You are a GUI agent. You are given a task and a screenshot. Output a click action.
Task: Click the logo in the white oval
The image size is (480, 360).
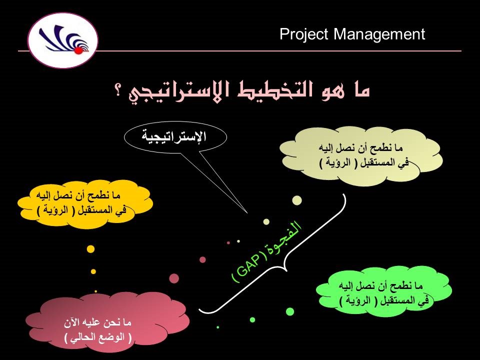pos(63,39)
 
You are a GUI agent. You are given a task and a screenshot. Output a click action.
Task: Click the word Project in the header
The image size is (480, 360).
pos(304,34)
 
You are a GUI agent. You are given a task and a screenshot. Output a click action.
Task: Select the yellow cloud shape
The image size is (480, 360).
pos(85,203)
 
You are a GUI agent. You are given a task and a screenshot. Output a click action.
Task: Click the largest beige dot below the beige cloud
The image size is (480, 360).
pos(297,200)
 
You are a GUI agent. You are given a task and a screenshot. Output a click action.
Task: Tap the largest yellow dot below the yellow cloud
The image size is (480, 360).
pos(90,248)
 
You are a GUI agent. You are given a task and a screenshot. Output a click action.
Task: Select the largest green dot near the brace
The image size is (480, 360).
pos(290,311)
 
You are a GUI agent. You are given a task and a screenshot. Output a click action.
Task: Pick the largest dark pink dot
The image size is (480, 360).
pos(174,278)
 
